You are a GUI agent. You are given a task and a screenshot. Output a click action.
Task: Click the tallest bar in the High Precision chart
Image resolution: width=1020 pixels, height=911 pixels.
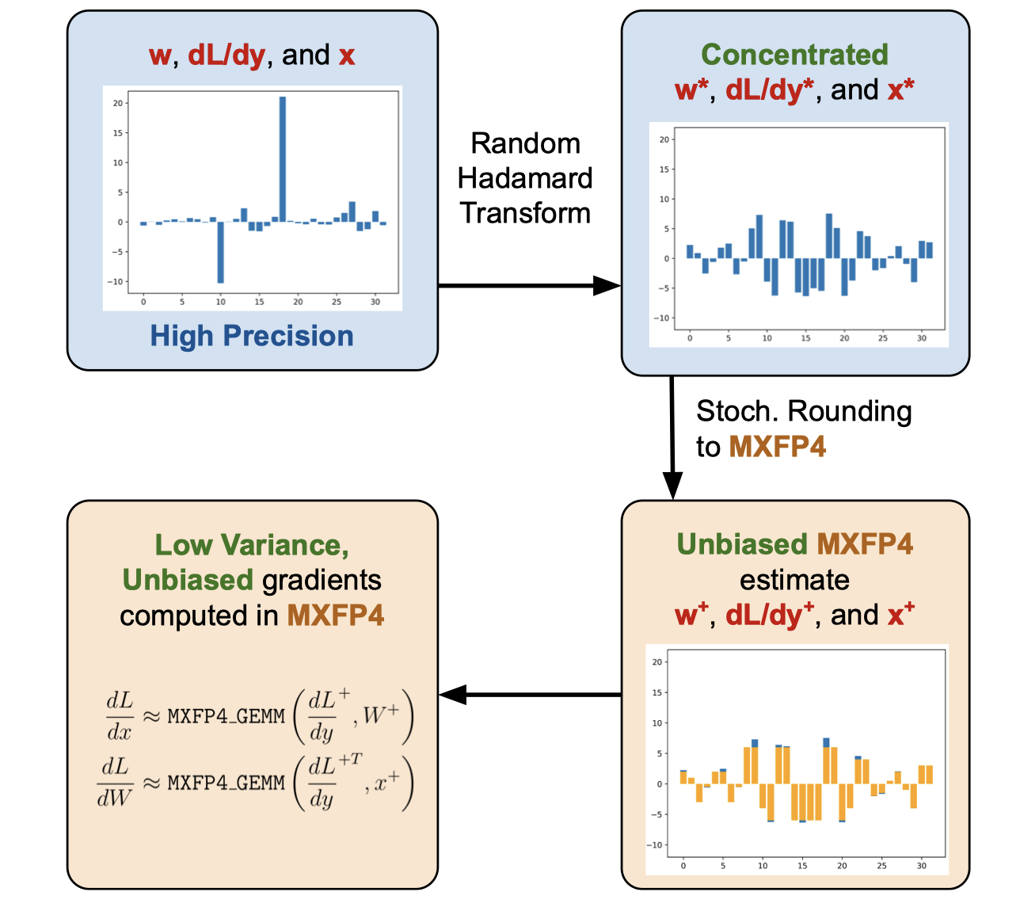pyautogui.click(x=283, y=158)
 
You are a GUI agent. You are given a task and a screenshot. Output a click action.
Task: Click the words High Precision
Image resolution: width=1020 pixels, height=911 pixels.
pyautogui.click(x=252, y=336)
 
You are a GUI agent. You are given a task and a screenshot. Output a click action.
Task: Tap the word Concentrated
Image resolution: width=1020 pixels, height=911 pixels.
pyautogui.click(x=794, y=55)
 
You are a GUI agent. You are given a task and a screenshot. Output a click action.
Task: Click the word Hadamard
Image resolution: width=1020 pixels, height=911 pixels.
pyautogui.click(x=525, y=178)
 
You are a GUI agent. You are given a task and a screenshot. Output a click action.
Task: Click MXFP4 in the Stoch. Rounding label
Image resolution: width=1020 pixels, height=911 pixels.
pyautogui.click(x=777, y=447)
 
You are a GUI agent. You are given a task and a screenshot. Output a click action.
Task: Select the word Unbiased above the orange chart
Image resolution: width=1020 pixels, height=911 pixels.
pyautogui.click(x=742, y=544)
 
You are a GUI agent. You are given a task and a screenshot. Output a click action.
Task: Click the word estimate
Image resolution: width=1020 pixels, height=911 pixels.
pyautogui.click(x=794, y=580)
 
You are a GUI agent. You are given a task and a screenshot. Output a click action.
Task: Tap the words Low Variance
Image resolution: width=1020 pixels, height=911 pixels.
pyautogui.click(x=252, y=545)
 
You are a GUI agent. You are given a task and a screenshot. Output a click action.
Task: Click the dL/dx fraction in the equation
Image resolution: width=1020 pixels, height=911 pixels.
pyautogui.click(x=120, y=715)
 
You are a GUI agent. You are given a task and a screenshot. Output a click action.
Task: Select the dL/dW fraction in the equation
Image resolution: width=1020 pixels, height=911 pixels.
pyautogui.click(x=115, y=782)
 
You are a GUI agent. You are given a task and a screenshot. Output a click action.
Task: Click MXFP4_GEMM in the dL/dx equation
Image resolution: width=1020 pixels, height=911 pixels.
pyautogui.click(x=226, y=716)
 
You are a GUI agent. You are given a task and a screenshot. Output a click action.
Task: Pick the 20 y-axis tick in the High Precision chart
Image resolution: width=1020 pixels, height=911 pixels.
pyautogui.click(x=118, y=103)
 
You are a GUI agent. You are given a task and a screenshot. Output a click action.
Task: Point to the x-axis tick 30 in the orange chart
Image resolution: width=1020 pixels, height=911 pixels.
pyautogui.click(x=922, y=866)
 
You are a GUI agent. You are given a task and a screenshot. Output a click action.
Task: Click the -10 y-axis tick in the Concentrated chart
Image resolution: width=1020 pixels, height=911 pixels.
pyautogui.click(x=664, y=318)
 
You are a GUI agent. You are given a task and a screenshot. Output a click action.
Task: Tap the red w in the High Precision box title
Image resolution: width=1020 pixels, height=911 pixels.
pyautogui.click(x=160, y=55)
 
